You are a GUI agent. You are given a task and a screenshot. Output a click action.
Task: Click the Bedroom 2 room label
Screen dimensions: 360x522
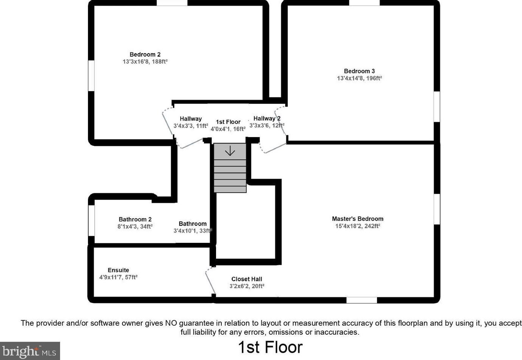click(x=145, y=54)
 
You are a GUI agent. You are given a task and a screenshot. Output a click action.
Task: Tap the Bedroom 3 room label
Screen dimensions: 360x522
click(x=359, y=71)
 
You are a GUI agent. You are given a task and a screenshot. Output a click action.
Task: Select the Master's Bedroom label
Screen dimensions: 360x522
click(x=357, y=219)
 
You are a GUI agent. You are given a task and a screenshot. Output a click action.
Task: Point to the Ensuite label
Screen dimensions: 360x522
click(x=118, y=270)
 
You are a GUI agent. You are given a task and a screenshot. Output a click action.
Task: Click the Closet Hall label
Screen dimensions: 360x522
click(x=247, y=279)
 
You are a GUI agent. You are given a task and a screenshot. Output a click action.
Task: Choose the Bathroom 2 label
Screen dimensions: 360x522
click(x=135, y=219)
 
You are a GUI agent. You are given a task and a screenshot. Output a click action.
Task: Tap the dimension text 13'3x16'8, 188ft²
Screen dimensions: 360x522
click(x=145, y=62)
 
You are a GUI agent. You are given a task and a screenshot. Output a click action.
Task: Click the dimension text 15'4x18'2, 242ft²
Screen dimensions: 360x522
click(x=357, y=226)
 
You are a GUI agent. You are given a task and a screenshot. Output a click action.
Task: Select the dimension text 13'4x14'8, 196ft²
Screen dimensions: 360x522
click(x=359, y=78)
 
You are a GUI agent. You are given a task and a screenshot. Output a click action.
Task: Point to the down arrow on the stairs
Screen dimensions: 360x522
click(x=230, y=151)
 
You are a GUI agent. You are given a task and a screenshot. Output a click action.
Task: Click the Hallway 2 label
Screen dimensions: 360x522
click(x=267, y=118)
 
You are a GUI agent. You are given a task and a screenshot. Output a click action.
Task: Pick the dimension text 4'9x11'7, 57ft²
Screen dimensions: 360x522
click(x=118, y=277)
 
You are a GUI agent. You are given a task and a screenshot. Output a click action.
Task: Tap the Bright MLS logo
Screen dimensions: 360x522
click(x=30, y=351)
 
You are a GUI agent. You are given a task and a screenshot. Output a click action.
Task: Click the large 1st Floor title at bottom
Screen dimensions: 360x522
click(x=270, y=347)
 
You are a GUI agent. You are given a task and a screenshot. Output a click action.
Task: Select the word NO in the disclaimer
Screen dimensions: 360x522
click(x=171, y=323)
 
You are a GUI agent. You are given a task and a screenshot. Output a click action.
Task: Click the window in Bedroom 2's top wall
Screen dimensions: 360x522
click(x=172, y=3)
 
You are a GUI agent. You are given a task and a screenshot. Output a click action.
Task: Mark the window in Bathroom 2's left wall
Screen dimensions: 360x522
click(x=91, y=221)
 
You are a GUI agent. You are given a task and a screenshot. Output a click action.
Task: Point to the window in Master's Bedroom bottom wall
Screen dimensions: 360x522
click(x=361, y=300)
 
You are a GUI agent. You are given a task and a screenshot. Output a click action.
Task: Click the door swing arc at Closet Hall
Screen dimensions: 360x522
click(x=209, y=280)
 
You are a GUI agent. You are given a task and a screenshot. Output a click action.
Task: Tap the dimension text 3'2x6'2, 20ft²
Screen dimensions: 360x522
click(x=247, y=286)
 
